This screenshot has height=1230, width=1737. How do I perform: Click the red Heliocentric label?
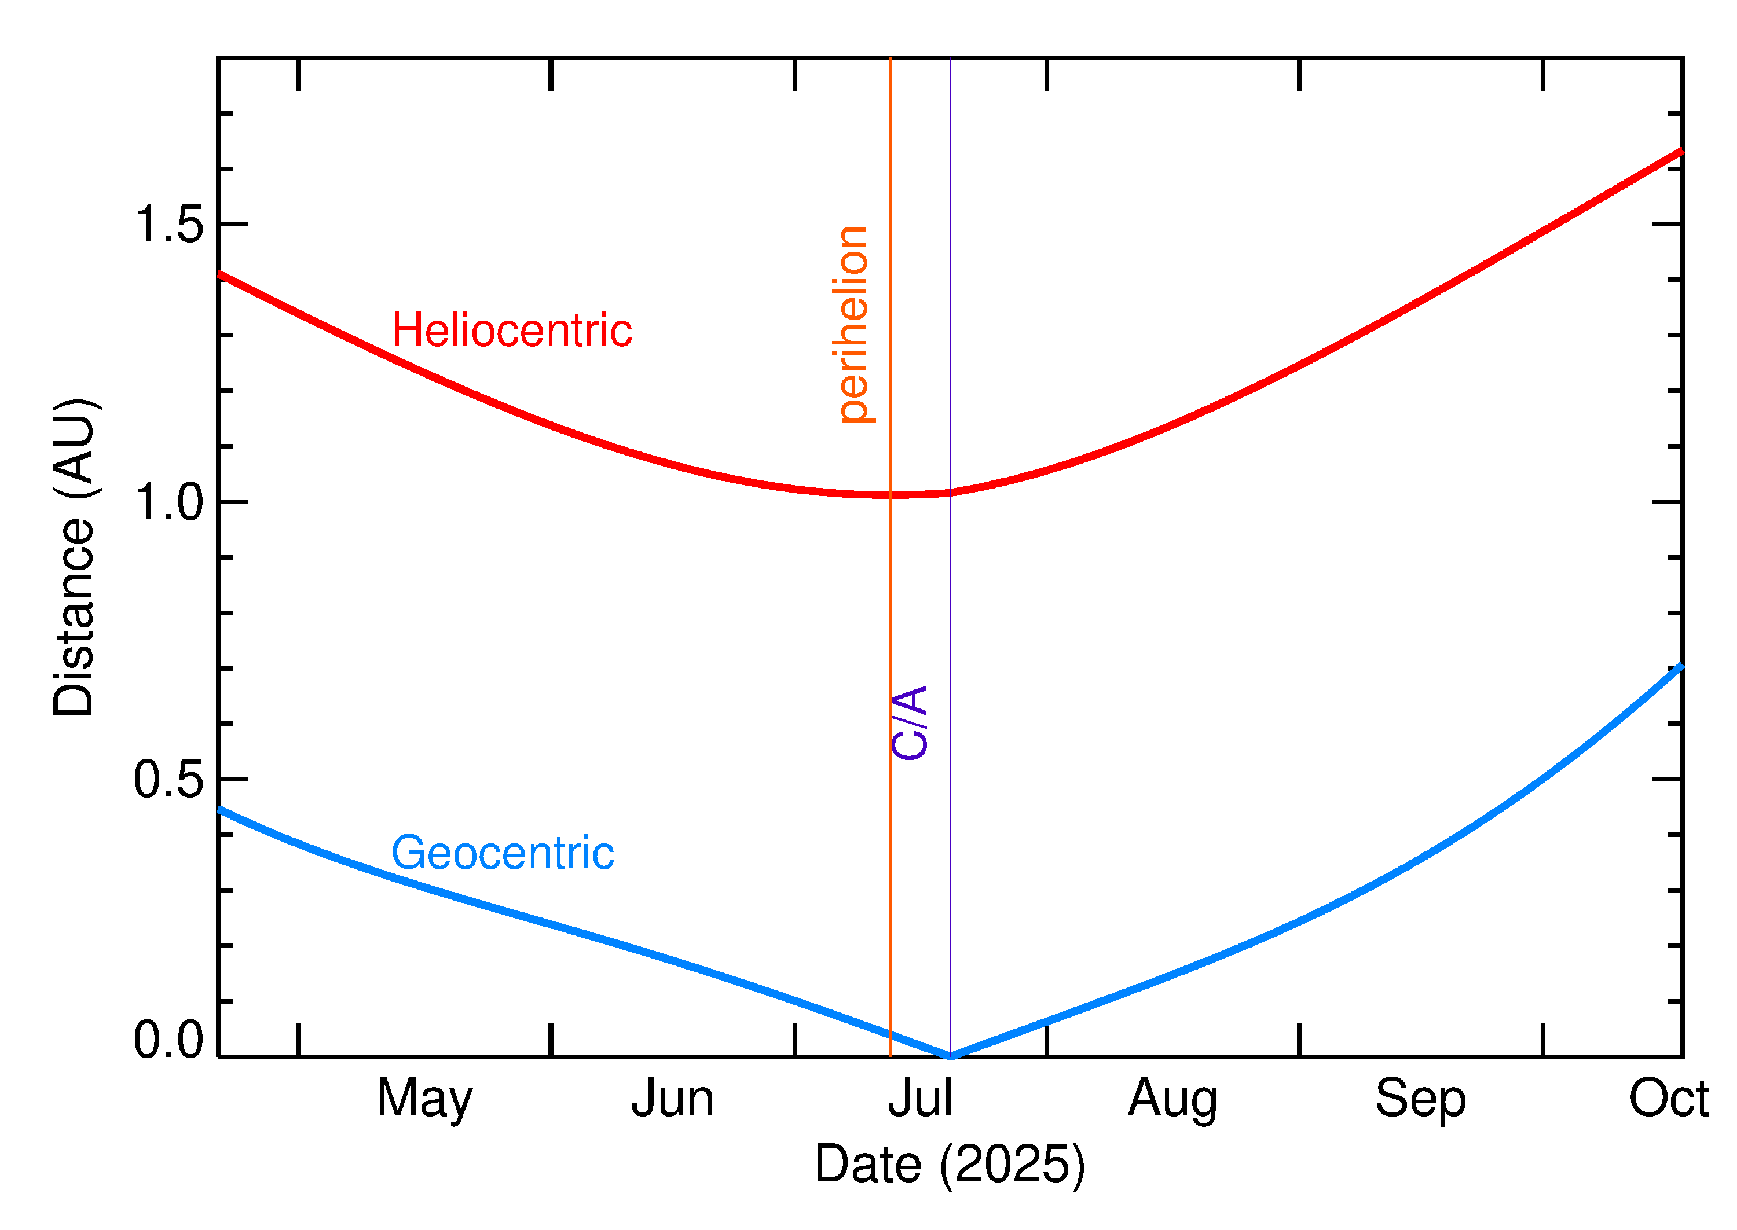coord(511,331)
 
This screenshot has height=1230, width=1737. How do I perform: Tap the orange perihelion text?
coord(853,324)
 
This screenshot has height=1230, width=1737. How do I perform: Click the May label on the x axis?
coord(424,1100)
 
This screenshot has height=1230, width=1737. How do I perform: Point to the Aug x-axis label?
coord(1172,1100)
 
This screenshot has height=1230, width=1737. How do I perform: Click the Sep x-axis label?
coord(1420,1100)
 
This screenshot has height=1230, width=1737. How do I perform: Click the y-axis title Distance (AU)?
coord(74,557)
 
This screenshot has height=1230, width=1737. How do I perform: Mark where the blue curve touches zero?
coord(951,1056)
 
